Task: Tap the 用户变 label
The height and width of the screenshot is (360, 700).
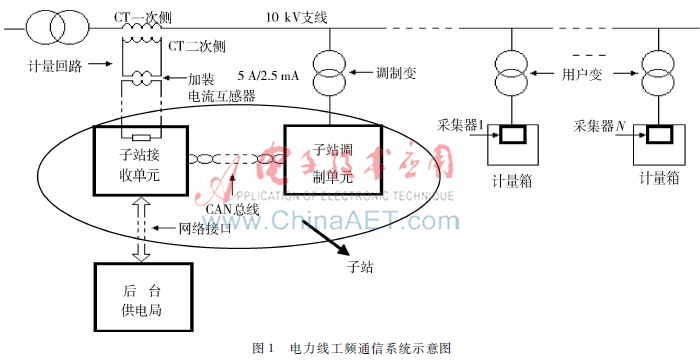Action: [x=583, y=74]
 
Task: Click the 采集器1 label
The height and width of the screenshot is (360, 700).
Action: [x=461, y=126]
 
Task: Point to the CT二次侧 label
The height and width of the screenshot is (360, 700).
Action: [x=196, y=46]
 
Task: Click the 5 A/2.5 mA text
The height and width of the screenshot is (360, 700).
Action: [x=264, y=75]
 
